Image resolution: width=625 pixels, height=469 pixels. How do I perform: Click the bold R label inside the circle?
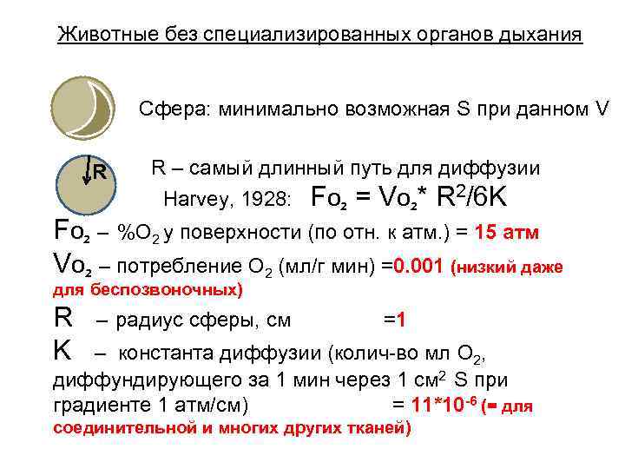click(101, 171)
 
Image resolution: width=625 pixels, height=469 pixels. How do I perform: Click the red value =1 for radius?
click(395, 320)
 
